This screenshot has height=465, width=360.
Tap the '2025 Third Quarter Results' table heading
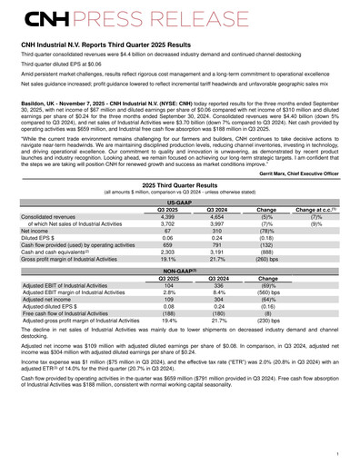(179, 184)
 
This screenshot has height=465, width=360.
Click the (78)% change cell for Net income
(267, 231)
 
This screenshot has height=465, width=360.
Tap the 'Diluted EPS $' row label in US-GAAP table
(55, 238)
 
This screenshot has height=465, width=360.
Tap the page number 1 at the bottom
(336, 451)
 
